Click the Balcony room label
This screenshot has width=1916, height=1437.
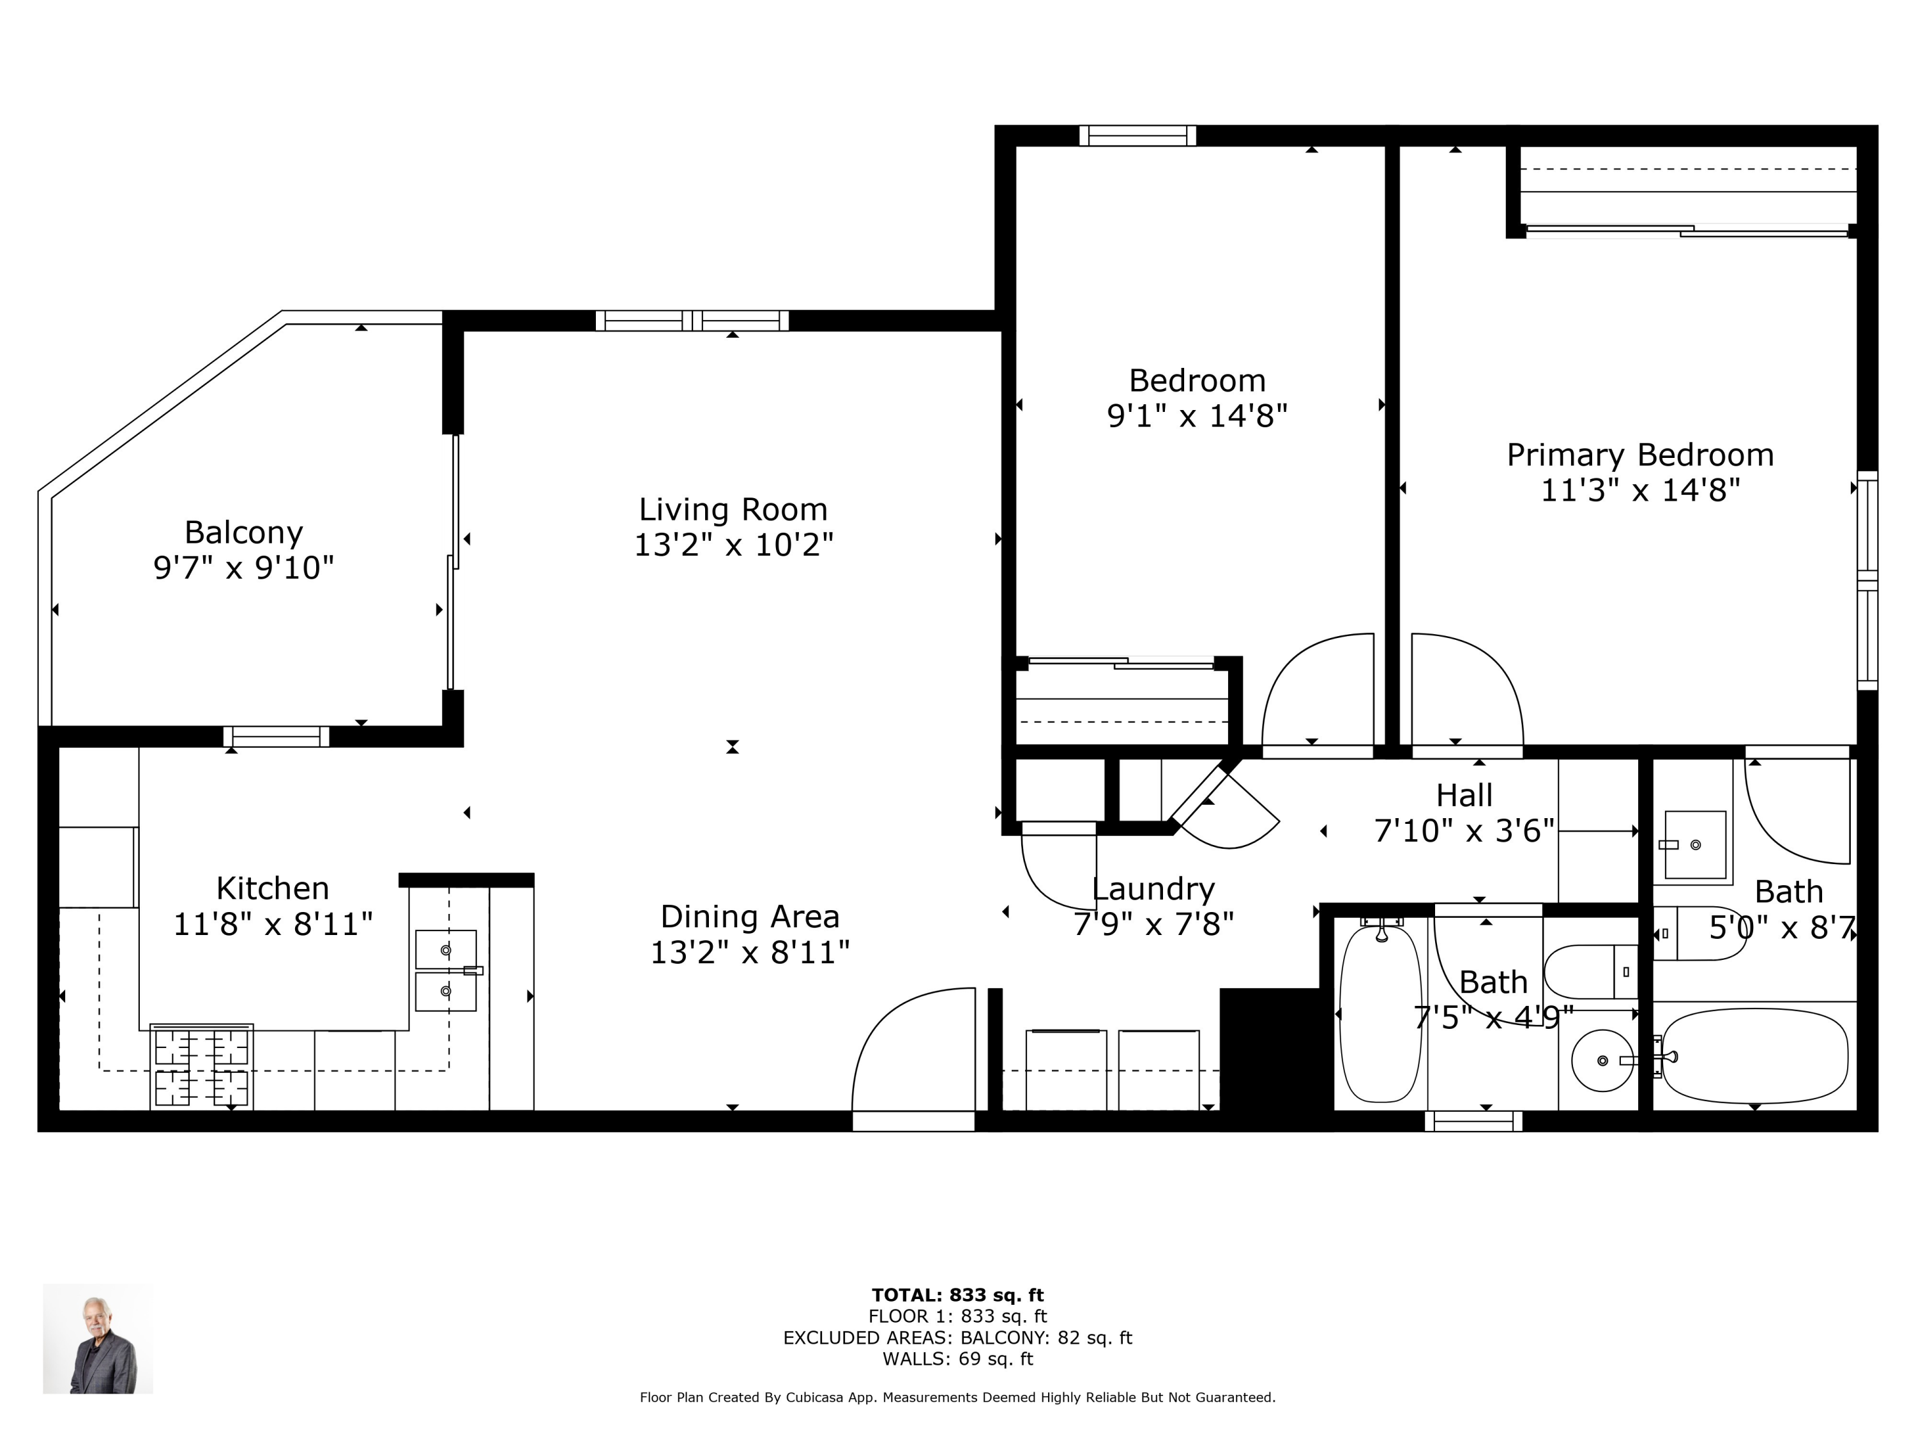(x=243, y=532)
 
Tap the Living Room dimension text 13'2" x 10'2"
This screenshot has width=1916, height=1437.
(x=734, y=545)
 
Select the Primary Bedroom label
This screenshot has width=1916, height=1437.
(x=1639, y=455)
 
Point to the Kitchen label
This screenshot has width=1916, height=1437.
(x=273, y=889)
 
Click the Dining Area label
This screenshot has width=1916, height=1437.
(x=750, y=916)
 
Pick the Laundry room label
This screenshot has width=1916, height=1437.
(x=1153, y=890)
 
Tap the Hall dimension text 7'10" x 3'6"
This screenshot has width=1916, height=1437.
(x=1464, y=831)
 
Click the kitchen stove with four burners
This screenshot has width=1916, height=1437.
(x=202, y=1067)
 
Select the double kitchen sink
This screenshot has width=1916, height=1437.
(x=446, y=970)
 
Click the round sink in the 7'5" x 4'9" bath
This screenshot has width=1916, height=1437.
(x=1602, y=1060)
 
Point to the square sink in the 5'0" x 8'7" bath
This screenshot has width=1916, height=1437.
(x=1695, y=844)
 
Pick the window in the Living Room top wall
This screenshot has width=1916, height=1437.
(x=692, y=321)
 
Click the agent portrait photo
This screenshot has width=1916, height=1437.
(x=98, y=1338)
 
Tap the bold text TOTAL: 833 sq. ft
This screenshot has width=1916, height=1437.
(x=958, y=1295)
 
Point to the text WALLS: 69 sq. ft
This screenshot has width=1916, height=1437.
(x=958, y=1359)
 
